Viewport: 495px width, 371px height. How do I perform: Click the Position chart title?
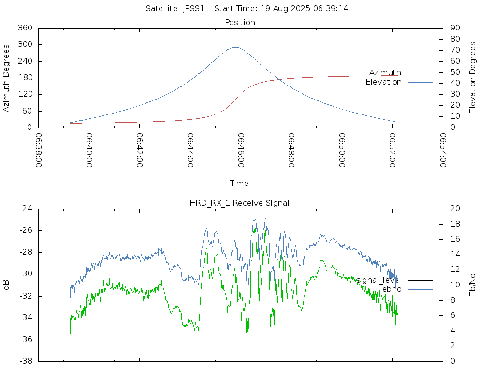tap(240, 22)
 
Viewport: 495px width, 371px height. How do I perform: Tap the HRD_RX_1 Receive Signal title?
tap(239, 203)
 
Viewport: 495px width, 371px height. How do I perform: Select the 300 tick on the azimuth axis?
tap(25, 44)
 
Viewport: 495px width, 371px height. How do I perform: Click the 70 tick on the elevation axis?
tap(455, 50)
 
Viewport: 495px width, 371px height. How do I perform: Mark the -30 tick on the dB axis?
tap(26, 274)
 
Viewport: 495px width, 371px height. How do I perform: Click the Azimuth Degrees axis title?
tap(6, 78)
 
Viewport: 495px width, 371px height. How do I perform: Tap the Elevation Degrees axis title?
tap(473, 78)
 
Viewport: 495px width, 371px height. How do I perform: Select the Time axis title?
tap(239, 183)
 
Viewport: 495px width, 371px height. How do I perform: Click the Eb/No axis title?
tap(473, 285)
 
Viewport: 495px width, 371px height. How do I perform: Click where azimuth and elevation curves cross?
tap(278, 79)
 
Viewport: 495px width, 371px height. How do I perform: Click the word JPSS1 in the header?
tap(193, 9)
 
